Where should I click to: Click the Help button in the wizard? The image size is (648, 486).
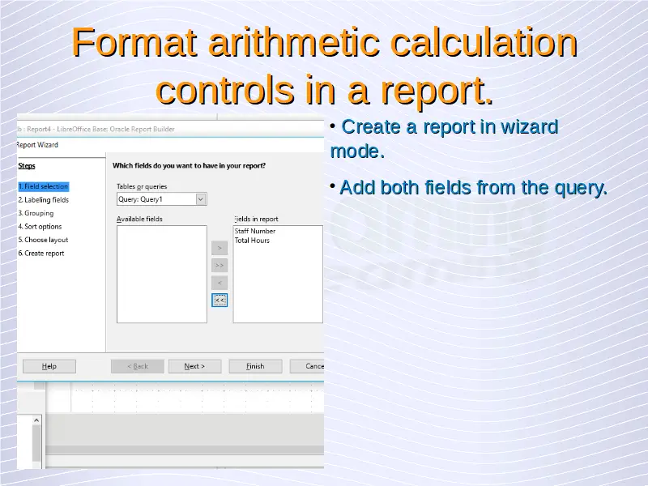tap(49, 366)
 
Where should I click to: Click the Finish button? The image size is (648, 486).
tap(255, 366)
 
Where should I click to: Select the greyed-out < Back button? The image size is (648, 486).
tap(138, 366)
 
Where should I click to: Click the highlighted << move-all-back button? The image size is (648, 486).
tap(220, 300)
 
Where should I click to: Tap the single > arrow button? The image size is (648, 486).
tap(220, 248)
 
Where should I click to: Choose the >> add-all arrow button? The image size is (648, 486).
tap(220, 266)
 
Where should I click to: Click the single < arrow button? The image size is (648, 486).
tap(220, 283)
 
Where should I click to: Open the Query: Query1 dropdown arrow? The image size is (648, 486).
tap(200, 199)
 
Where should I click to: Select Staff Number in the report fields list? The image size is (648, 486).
tap(255, 231)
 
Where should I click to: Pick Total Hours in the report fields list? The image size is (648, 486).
tap(252, 241)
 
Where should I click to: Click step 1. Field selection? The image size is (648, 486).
tap(44, 186)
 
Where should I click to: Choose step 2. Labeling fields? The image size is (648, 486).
tap(44, 200)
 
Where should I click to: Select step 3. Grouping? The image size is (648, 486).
tap(36, 213)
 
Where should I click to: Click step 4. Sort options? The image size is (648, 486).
tap(40, 227)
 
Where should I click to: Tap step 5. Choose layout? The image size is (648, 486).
tap(43, 240)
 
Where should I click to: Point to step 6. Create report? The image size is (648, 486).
tap(41, 254)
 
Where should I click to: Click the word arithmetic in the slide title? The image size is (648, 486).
tap(294, 42)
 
